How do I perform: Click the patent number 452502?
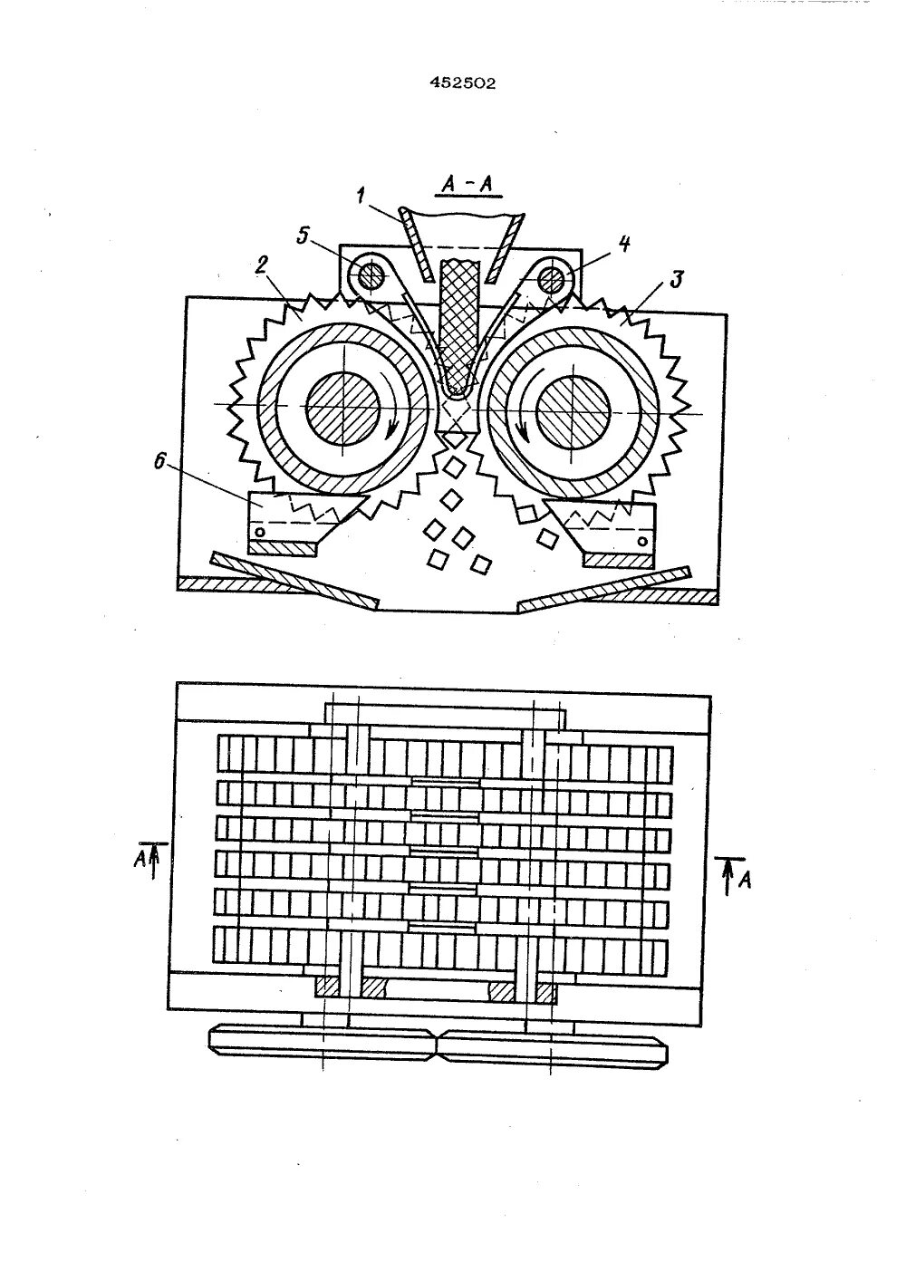click(x=462, y=83)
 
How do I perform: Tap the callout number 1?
click(x=360, y=195)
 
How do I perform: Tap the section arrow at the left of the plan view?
click(x=154, y=861)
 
